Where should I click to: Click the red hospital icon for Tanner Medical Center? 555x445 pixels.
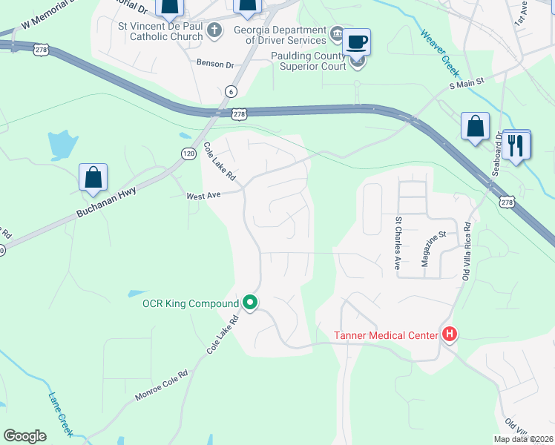click(x=449, y=335)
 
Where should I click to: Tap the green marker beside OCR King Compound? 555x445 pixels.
click(x=251, y=303)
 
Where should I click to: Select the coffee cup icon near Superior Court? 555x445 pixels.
click(x=357, y=42)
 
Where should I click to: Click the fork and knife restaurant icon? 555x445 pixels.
click(x=516, y=144)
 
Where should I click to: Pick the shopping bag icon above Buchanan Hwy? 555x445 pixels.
click(x=93, y=178)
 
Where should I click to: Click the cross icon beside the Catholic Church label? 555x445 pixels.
click(x=214, y=30)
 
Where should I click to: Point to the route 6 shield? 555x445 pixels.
click(x=232, y=91)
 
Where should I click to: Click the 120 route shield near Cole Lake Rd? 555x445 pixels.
click(x=188, y=152)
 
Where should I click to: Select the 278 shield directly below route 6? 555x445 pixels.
click(x=238, y=114)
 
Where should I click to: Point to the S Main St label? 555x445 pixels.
click(x=466, y=85)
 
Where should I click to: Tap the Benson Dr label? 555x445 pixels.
click(x=215, y=64)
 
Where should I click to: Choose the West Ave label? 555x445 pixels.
click(x=204, y=197)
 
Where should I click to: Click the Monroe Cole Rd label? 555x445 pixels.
click(x=162, y=385)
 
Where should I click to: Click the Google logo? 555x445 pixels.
click(x=24, y=436)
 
